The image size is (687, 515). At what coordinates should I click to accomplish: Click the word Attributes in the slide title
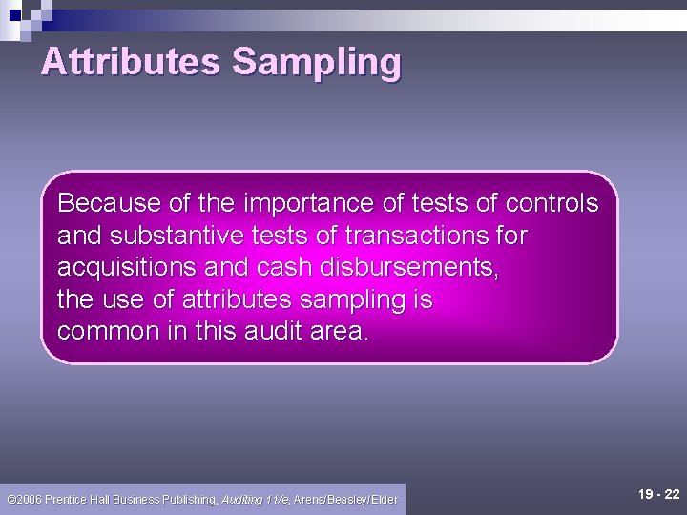pyautogui.click(x=130, y=62)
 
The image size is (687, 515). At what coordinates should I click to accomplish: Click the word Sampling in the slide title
pyautogui.click(x=316, y=62)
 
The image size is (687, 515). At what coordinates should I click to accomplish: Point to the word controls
pyautogui.click(x=552, y=203)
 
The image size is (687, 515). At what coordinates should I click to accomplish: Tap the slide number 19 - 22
pyautogui.click(x=659, y=494)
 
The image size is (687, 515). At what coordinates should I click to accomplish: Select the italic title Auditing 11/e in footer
pyautogui.click(x=257, y=499)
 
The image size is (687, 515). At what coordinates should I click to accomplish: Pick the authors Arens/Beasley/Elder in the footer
pyautogui.click(x=345, y=499)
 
